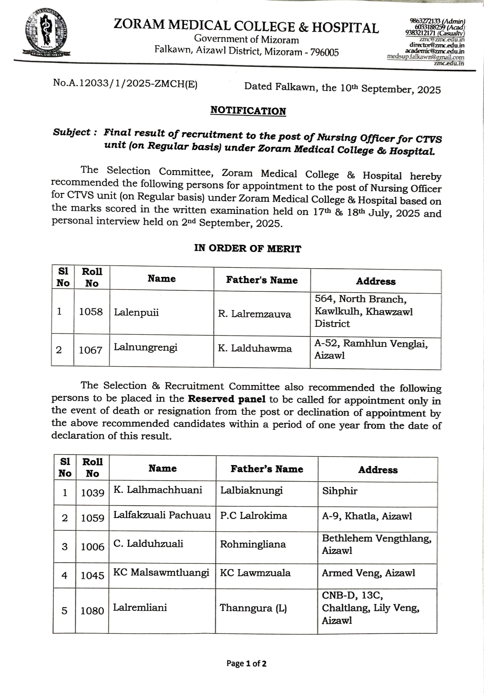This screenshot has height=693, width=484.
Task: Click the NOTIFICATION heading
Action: [248, 111]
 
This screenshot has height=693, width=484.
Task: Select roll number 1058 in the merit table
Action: [91, 312]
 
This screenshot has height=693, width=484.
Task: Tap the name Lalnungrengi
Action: [146, 348]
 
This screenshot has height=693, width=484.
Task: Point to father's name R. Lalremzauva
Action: [254, 314]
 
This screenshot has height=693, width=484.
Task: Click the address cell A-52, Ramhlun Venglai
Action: [371, 349]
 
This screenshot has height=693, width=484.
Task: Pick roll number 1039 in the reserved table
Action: [92, 493]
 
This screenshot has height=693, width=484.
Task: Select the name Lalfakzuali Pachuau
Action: [162, 515]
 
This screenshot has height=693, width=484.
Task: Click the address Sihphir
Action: [340, 491]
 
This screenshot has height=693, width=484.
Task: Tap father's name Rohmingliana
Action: [253, 545]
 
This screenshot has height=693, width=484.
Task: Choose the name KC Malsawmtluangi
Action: [161, 572]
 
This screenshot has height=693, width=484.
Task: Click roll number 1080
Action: [92, 611]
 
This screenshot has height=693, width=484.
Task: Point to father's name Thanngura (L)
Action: [253, 608]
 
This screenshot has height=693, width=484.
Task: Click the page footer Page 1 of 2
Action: [246, 664]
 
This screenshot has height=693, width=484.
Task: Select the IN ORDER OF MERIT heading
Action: [248, 249]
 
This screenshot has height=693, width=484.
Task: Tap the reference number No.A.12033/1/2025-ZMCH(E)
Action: [125, 84]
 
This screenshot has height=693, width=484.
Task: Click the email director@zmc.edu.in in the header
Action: [436, 45]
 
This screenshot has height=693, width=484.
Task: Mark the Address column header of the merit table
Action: [375, 281]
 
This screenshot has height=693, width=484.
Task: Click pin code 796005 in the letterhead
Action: [324, 53]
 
